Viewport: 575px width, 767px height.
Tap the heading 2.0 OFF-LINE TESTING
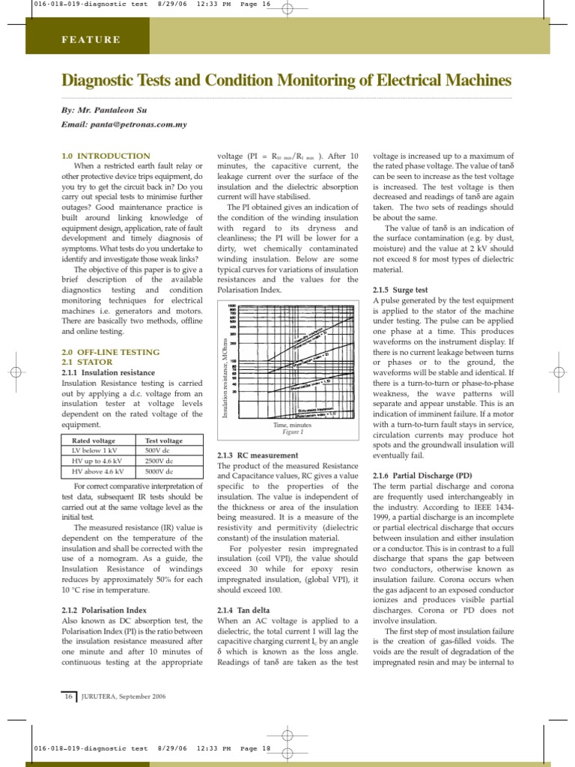(110, 352)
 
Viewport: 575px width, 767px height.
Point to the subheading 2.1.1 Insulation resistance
(109, 372)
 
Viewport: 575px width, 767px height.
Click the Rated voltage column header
(94, 441)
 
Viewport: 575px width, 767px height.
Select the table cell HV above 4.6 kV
(97, 472)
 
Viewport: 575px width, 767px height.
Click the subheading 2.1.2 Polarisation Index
(104, 610)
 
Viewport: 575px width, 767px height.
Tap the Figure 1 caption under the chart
(293, 432)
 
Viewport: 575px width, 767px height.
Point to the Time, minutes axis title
(291, 425)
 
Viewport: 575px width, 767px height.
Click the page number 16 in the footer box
(68, 697)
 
